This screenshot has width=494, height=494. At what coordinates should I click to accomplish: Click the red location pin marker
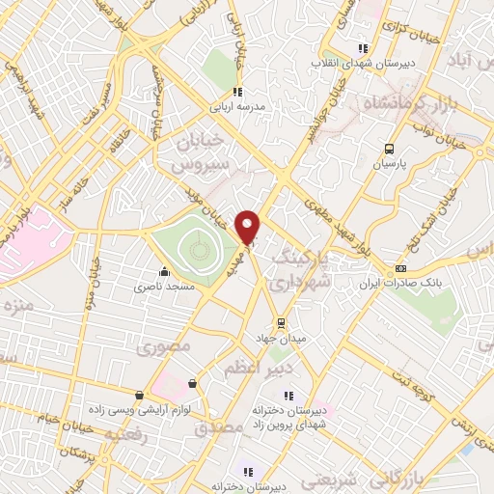(249, 228)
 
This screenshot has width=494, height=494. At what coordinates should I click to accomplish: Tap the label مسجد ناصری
(164, 287)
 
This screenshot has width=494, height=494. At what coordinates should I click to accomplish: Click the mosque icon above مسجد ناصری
(164, 271)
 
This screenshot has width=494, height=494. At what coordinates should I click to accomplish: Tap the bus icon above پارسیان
(389, 149)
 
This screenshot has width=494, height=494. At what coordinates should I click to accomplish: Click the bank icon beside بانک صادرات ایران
(401, 268)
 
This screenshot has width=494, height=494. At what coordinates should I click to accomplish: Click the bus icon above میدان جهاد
(281, 321)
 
